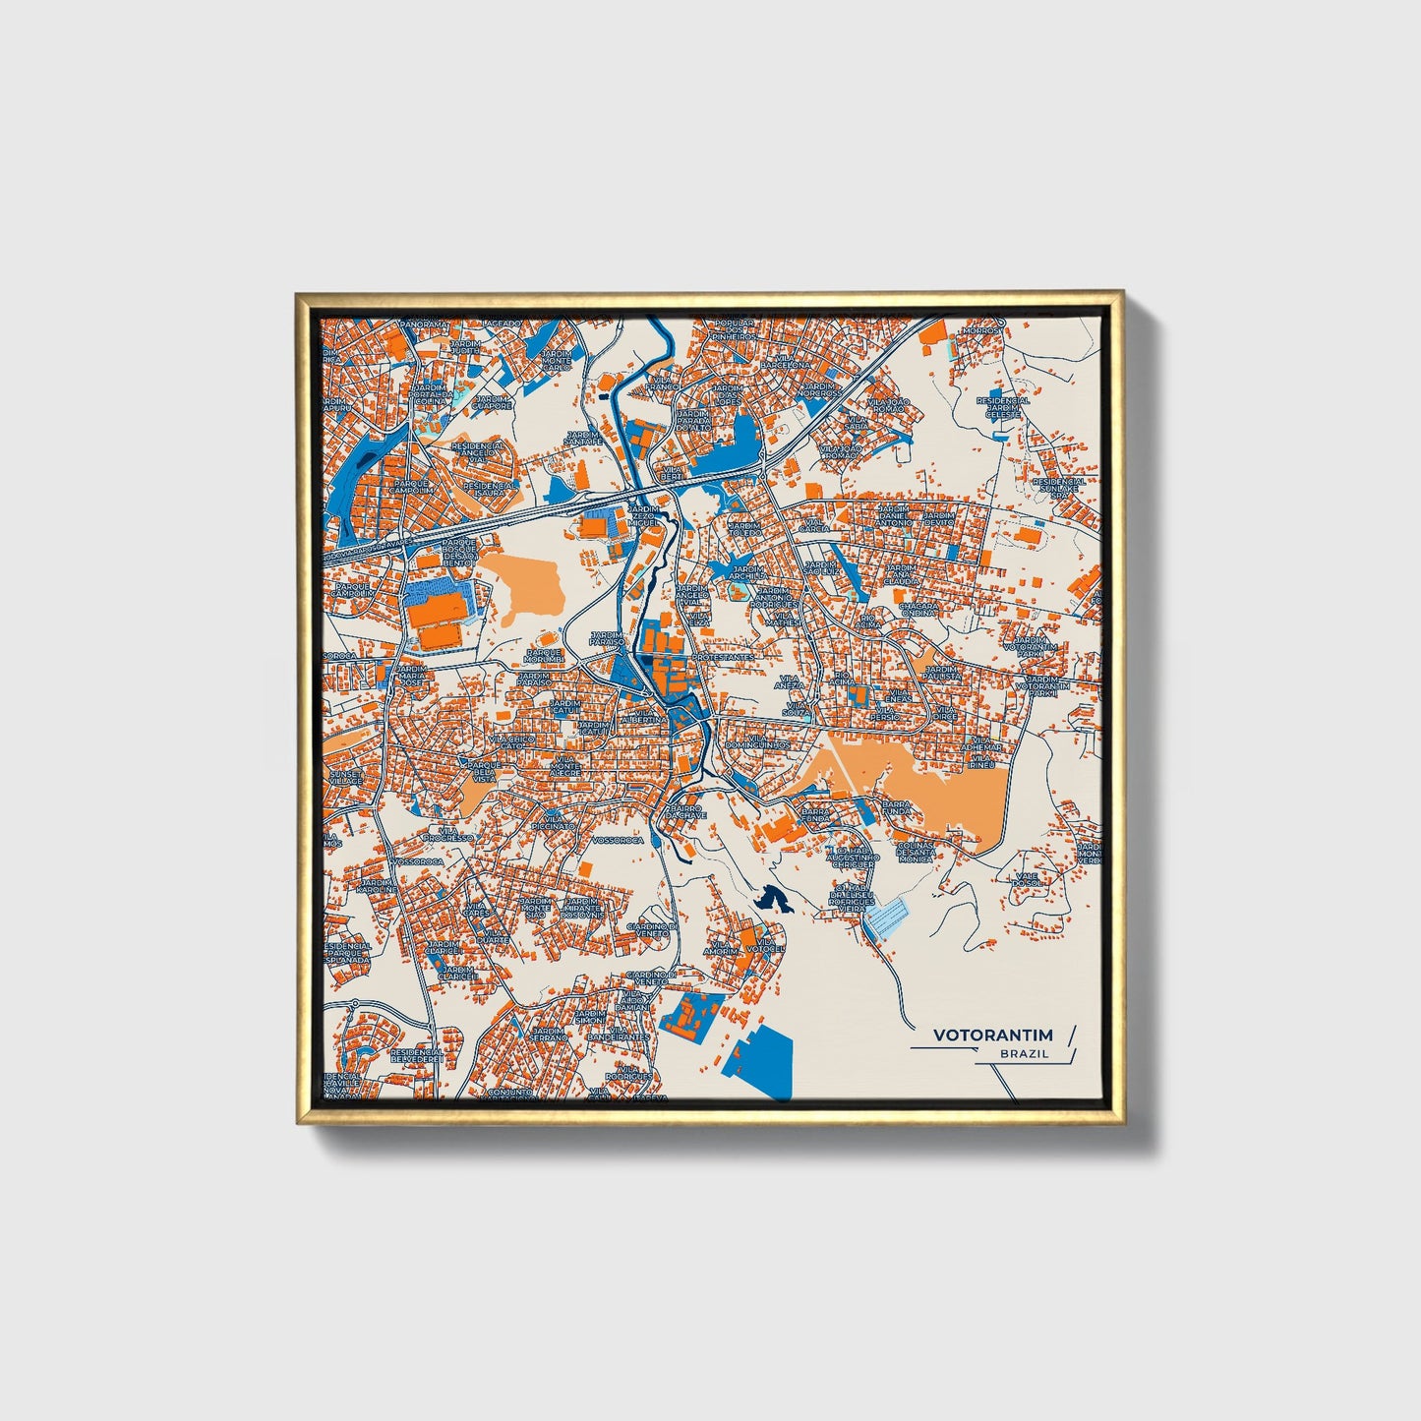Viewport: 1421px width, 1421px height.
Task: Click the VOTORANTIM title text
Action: click(x=992, y=1035)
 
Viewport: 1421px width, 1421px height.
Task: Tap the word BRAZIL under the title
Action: click(x=1024, y=1053)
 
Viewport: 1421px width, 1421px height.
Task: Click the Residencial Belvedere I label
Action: click(x=416, y=1054)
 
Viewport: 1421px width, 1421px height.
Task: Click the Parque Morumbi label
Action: click(x=544, y=655)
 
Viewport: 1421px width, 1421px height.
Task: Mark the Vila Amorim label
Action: click(x=721, y=946)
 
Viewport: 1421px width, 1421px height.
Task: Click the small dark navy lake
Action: click(x=773, y=899)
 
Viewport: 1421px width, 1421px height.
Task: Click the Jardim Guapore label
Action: click(x=492, y=400)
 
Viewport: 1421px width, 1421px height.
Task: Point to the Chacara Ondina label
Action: click(x=918, y=610)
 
